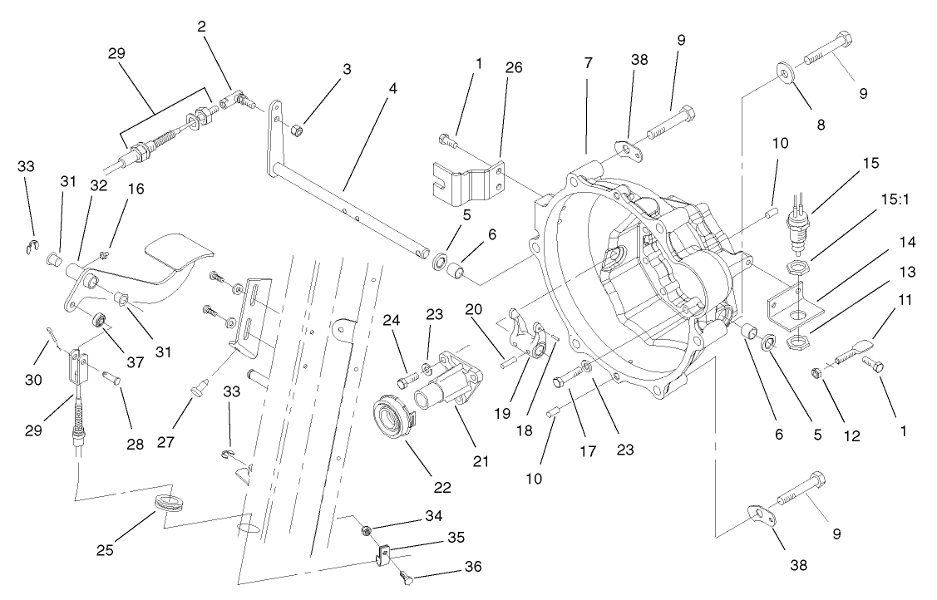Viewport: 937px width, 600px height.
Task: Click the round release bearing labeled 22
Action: pyautogui.click(x=392, y=412)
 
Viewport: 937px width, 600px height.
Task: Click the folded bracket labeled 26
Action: pyautogui.click(x=470, y=181)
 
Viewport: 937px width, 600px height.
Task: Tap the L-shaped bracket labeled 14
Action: pyautogui.click(x=793, y=303)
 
